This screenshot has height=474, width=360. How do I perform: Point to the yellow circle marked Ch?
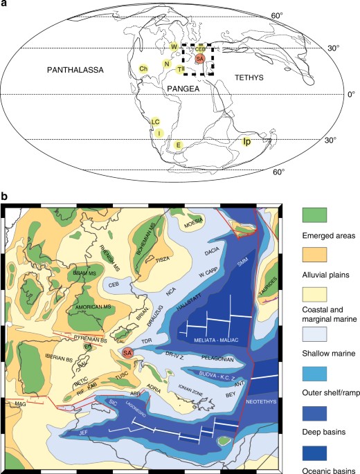(143, 68)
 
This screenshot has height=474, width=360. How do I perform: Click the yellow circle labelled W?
(175, 46)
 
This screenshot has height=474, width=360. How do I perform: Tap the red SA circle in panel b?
(127, 353)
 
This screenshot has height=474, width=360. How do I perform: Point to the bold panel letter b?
(6, 197)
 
